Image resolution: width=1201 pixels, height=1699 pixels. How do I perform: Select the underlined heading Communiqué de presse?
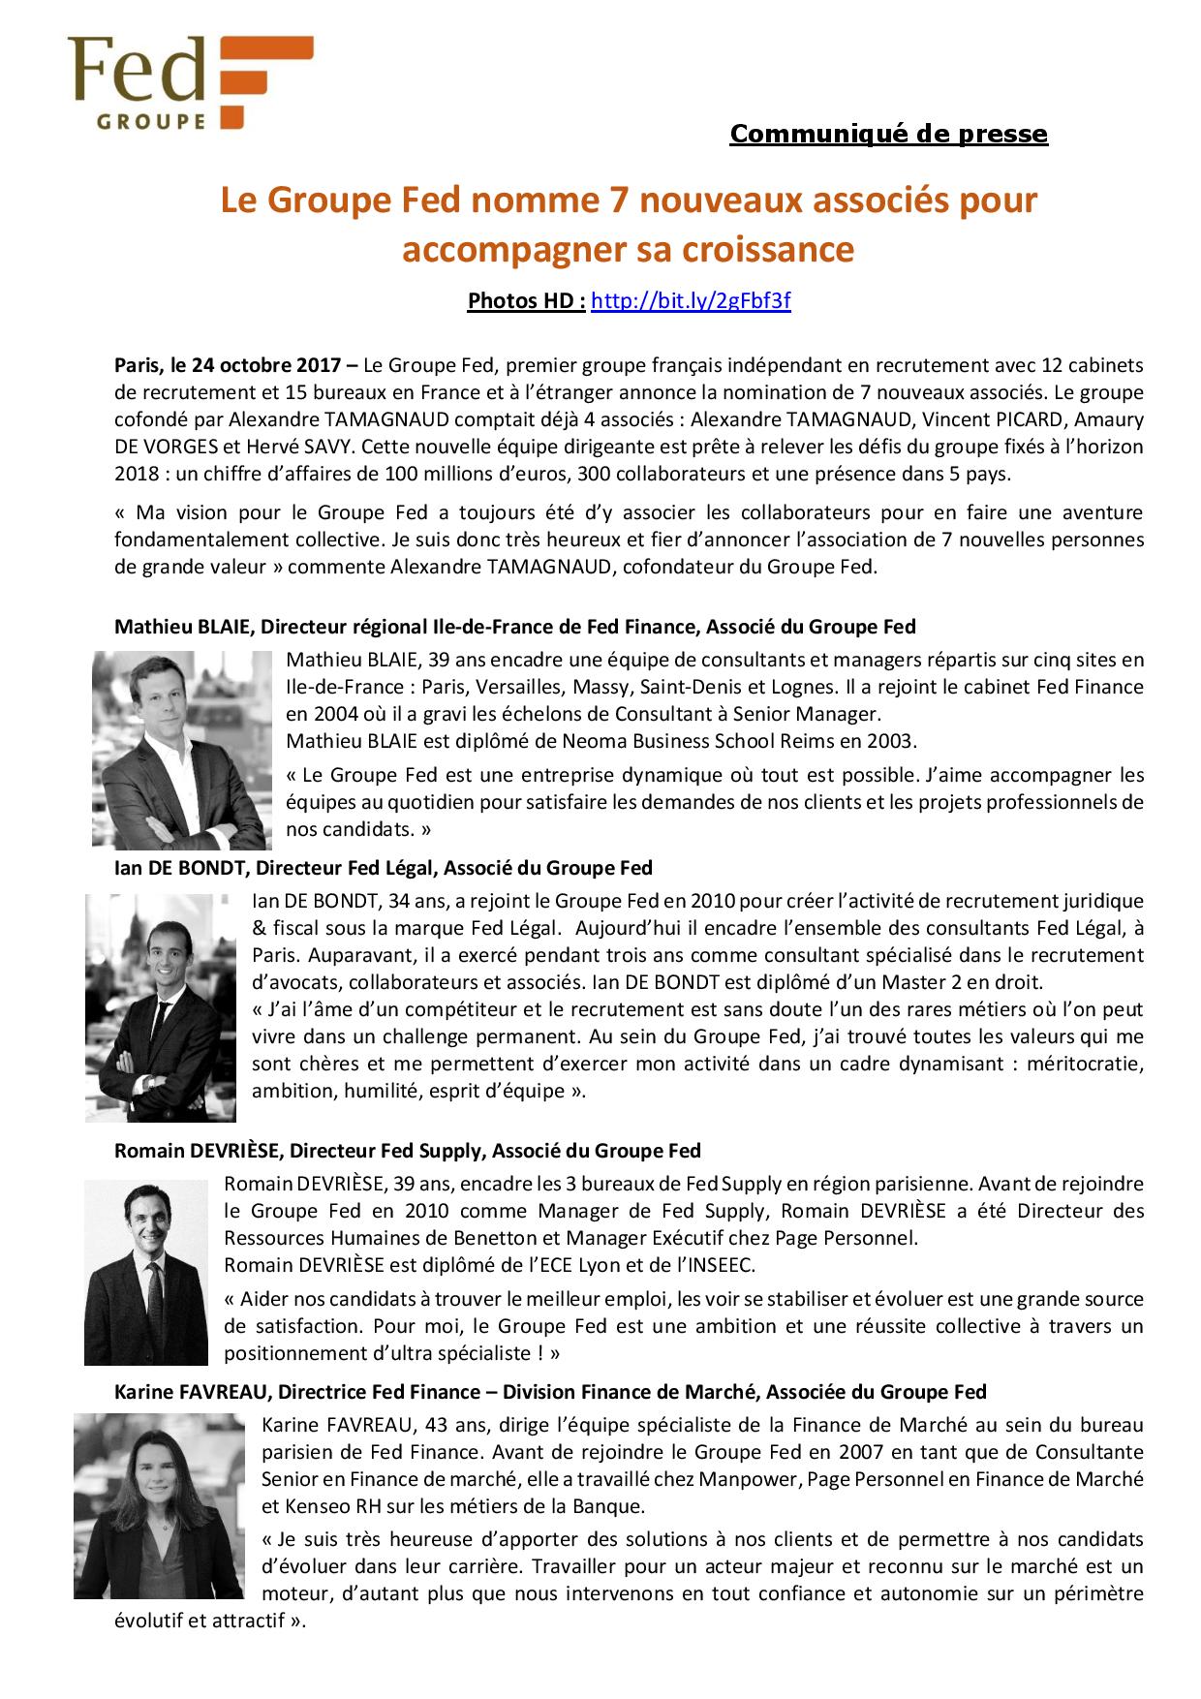(x=888, y=134)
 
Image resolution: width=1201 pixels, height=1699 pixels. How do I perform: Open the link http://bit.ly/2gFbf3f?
(x=691, y=301)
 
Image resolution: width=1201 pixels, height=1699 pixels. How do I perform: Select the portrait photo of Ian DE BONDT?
(x=161, y=1007)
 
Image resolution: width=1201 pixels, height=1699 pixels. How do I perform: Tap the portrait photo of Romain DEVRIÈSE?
(x=146, y=1272)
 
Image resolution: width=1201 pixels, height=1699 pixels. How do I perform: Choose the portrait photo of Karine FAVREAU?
(x=160, y=1505)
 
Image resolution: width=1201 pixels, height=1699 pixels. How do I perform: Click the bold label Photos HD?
(x=525, y=301)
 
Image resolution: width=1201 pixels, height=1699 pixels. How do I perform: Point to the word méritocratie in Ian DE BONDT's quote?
(x=1079, y=1064)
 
